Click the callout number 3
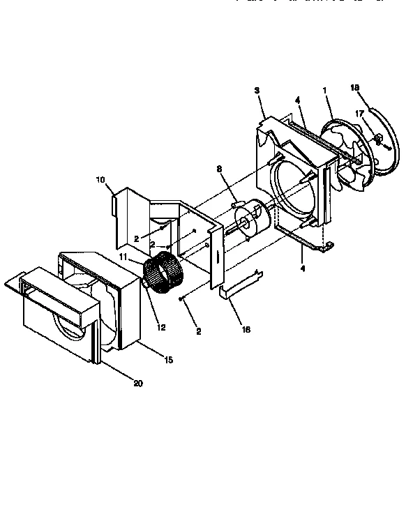coord(257,91)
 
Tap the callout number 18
coord(354,87)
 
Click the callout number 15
coord(168,359)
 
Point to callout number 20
coord(137,383)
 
